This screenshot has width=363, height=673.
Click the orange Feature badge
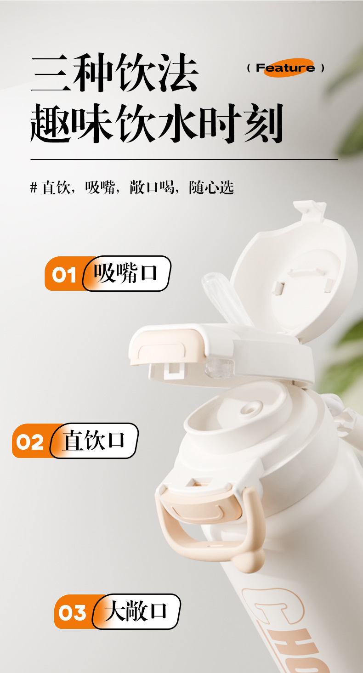click(x=285, y=68)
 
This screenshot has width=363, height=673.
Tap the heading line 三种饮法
click(x=114, y=74)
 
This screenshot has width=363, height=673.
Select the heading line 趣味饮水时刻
click(x=156, y=123)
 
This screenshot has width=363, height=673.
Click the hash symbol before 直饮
click(x=33, y=187)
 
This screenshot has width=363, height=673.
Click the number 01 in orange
click(x=64, y=275)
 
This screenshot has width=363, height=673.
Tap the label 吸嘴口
click(x=125, y=273)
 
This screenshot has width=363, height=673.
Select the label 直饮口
click(x=94, y=441)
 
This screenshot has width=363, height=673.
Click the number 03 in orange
click(x=73, y=613)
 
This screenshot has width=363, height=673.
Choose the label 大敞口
click(x=136, y=611)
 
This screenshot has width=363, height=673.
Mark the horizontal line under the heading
click(x=184, y=159)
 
